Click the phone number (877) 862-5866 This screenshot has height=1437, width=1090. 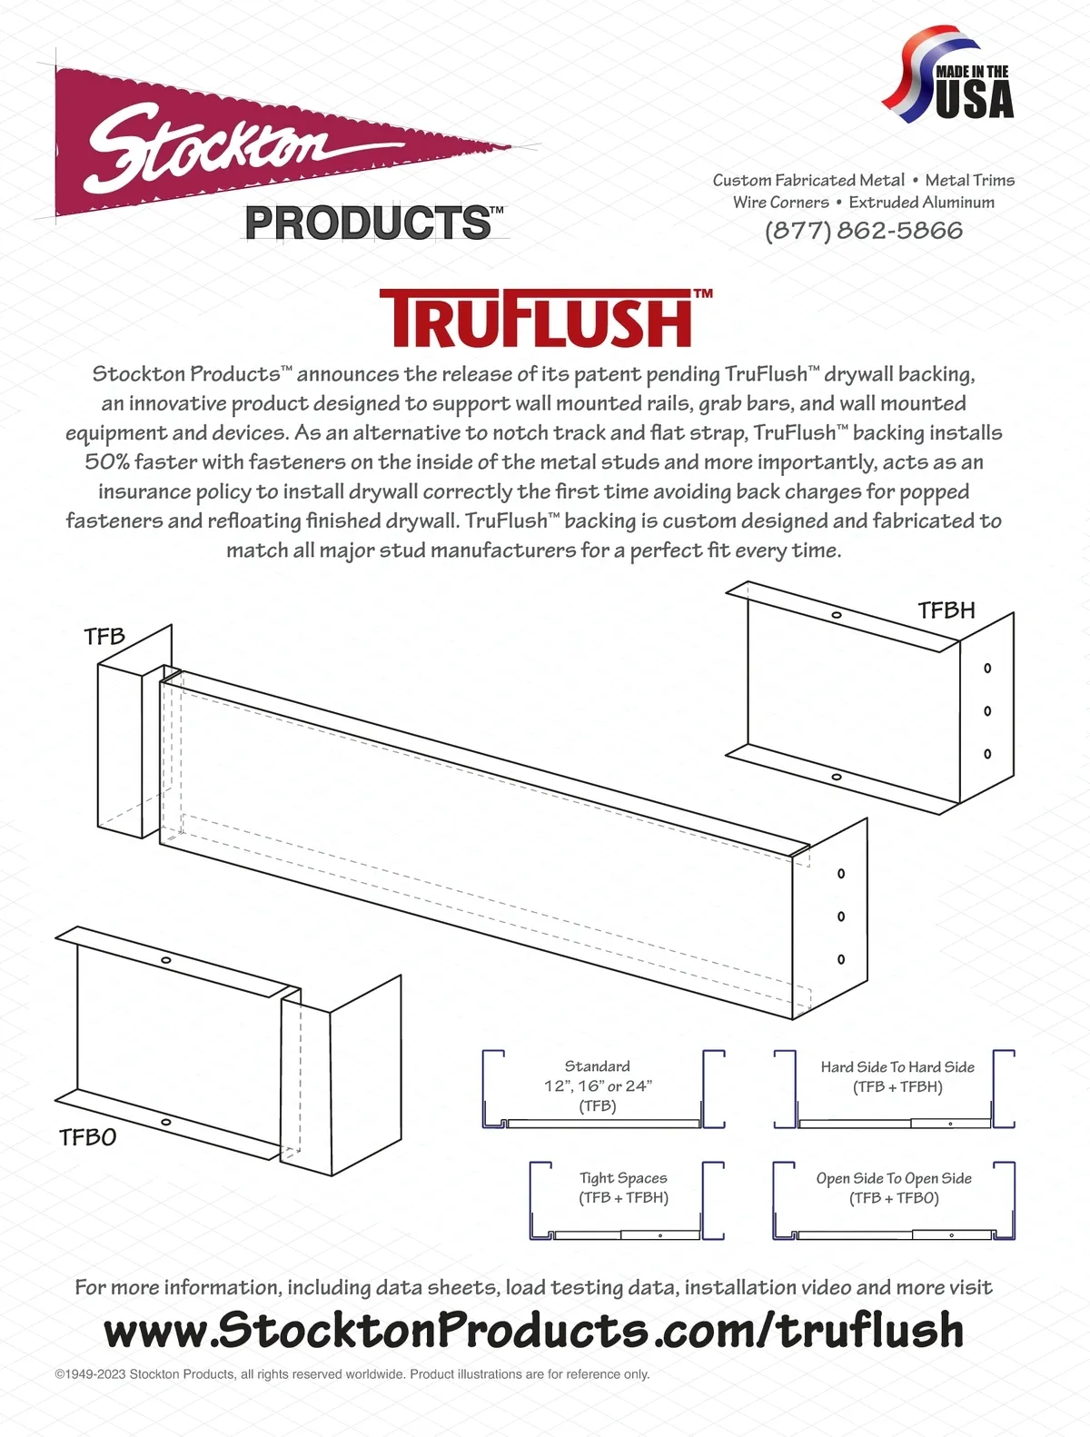pos(864,231)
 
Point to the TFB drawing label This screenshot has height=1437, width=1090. pos(104,636)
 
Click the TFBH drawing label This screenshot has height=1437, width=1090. pos(946,610)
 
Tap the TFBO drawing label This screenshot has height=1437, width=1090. pos(88,1137)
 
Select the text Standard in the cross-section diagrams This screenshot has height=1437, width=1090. pos(597,1066)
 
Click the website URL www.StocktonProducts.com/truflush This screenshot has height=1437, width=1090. pos(533,1330)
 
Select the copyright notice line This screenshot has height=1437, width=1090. pos(352,1374)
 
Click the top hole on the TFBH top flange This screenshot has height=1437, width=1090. pos(836,615)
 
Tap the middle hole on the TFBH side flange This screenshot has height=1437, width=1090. pos(987,711)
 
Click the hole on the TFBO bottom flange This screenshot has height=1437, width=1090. pos(165,1122)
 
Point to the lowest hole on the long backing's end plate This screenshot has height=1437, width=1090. pos(841,959)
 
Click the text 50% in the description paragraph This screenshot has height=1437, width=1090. pos(107,462)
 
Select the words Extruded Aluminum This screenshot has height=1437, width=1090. pos(922,203)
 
